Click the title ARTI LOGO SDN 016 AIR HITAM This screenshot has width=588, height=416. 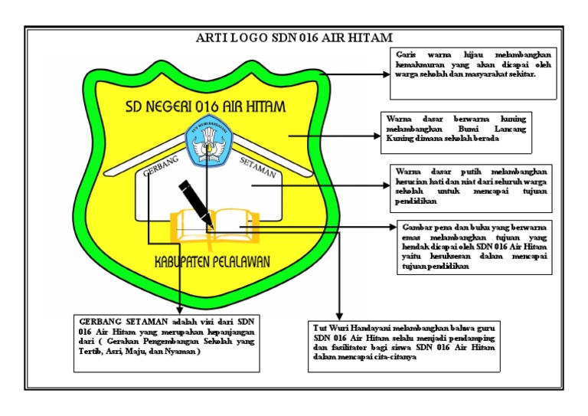(293, 38)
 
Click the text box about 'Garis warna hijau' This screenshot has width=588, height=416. (472, 74)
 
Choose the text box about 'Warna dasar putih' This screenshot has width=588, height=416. (472, 186)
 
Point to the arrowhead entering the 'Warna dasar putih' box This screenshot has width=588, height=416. (387, 186)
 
